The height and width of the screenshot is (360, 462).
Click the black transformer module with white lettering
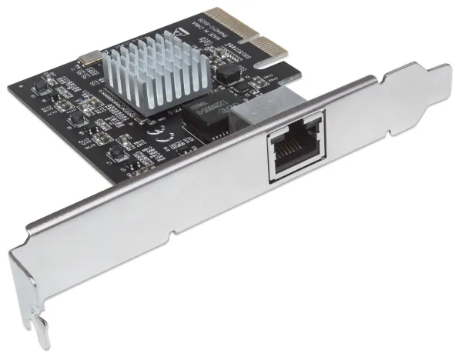206,116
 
